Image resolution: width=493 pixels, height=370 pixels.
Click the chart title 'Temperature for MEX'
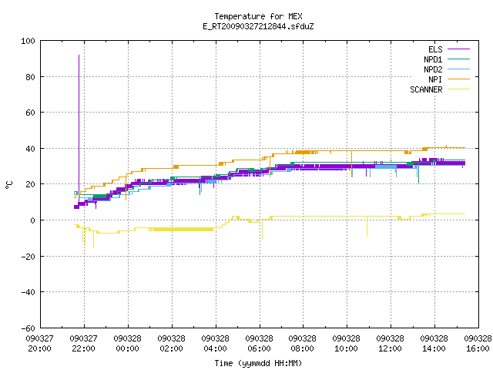[258, 16]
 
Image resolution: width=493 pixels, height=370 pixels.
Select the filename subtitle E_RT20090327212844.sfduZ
[258, 26]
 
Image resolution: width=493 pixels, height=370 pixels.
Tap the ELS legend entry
[448, 49]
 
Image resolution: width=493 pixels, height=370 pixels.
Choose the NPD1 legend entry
[447, 59]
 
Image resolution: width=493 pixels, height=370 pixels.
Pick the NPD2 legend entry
[447, 69]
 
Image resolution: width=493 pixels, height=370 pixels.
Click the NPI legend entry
[448, 79]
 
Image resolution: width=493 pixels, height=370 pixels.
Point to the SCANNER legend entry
[440, 89]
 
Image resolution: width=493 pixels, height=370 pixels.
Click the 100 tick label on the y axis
[28, 41]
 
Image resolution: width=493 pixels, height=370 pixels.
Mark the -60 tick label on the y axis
[28, 328]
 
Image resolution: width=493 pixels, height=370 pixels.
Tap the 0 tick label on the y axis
[32, 220]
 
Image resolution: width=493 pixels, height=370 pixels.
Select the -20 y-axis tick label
[28, 257]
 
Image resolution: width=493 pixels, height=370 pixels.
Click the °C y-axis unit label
[8, 185]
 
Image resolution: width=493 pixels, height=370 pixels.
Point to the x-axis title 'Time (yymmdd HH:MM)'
[258, 363]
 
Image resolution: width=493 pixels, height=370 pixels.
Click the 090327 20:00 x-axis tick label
[39, 344]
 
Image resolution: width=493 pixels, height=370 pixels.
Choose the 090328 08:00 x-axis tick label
[303, 344]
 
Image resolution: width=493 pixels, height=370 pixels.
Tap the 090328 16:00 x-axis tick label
[478, 344]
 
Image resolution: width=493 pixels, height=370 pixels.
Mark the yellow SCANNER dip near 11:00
[367, 226]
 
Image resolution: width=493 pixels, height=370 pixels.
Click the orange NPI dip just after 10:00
[352, 164]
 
